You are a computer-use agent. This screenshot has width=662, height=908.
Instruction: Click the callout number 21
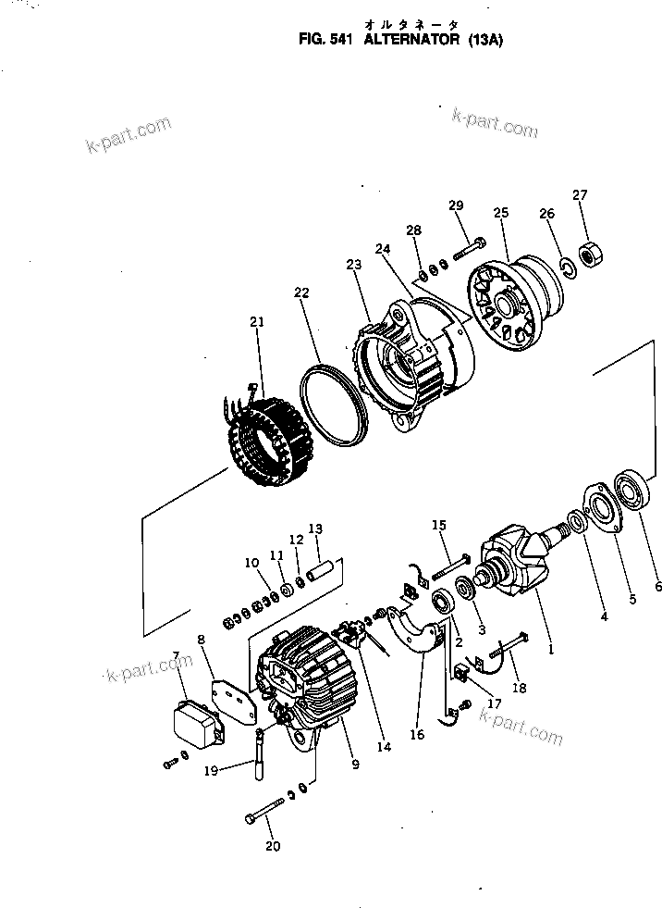(257, 321)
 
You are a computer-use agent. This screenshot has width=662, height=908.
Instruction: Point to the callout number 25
(501, 213)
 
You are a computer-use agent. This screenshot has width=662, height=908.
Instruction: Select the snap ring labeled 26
(567, 267)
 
